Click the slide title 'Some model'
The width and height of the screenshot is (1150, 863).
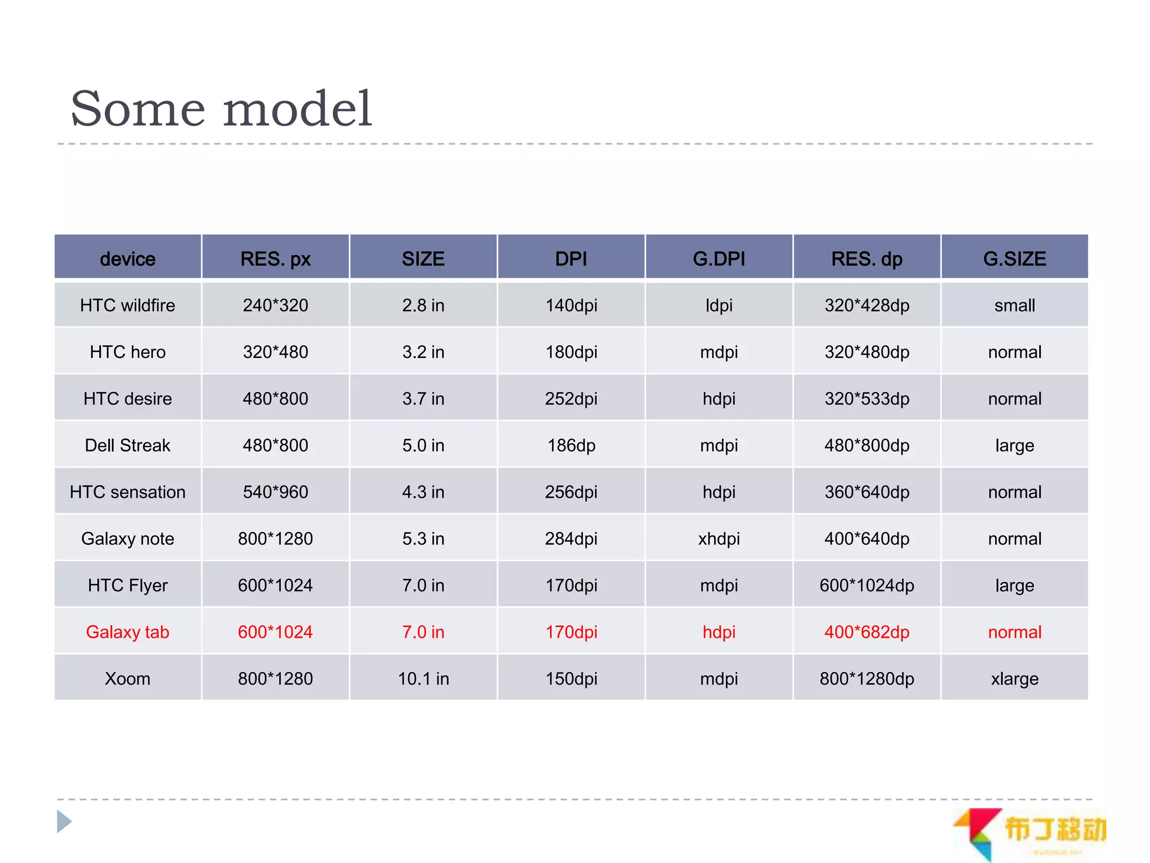[221, 108]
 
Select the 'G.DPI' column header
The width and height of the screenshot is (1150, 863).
[719, 258]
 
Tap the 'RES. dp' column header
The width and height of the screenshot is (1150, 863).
[866, 258]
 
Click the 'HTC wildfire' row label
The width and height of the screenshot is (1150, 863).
[127, 305]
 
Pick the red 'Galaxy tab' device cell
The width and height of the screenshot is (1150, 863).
[127, 632]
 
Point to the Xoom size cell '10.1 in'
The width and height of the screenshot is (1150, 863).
[423, 679]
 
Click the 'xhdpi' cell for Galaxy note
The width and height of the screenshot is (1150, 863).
[719, 539]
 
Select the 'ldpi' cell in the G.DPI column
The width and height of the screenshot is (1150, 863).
[719, 305]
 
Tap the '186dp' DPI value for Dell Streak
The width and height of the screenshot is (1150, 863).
[571, 446]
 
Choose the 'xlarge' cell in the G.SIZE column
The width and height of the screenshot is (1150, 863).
[1014, 679]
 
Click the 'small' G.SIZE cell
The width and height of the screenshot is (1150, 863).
[1014, 305]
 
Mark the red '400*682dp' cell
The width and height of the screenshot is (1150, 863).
[866, 632]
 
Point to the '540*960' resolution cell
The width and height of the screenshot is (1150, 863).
[275, 492]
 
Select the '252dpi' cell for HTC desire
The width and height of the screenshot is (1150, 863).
[571, 399]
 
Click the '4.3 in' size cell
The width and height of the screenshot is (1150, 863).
[423, 492]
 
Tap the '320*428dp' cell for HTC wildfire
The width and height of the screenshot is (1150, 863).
[866, 305]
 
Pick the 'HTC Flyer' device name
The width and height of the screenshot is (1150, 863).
[127, 585]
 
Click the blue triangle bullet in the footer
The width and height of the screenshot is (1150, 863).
[65, 821]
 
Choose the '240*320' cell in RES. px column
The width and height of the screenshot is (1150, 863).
[275, 305]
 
